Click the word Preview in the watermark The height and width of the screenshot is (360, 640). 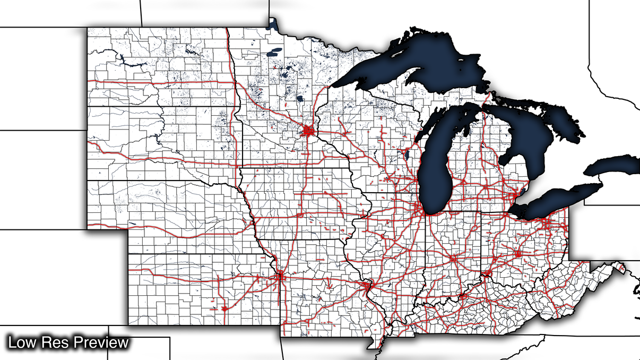point(101,342)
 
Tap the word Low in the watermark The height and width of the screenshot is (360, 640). point(21,342)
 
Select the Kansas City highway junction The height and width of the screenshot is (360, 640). point(279,276)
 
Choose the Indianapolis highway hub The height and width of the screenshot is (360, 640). point(453,259)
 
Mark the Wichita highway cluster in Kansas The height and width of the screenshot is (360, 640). point(224,307)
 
